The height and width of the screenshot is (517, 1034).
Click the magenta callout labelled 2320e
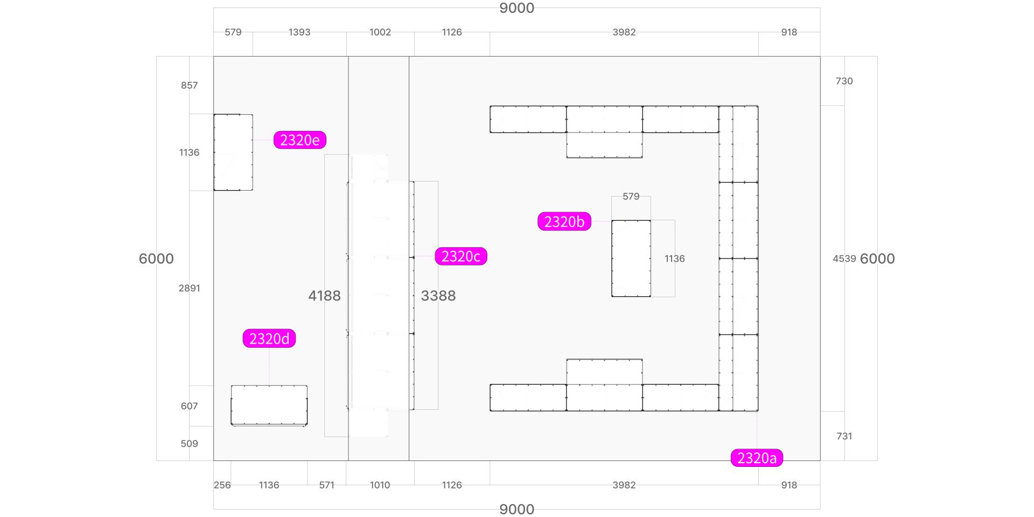click(299, 140)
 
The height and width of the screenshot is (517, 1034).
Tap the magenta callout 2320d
click(269, 338)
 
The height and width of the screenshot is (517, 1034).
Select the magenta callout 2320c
click(460, 256)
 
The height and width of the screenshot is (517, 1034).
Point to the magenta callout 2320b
click(564, 221)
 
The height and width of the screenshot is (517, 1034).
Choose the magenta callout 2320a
click(757, 458)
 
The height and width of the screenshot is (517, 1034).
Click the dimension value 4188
click(324, 296)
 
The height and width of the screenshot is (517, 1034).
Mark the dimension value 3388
click(438, 296)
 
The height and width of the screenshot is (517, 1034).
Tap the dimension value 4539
click(844, 258)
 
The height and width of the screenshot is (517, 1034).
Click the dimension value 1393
click(299, 32)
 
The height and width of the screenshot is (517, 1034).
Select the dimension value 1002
click(380, 32)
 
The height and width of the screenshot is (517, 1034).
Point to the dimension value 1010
click(380, 485)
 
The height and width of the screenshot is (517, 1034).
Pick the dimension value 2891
click(190, 288)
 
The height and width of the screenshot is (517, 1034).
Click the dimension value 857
click(190, 85)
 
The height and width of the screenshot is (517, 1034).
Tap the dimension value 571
click(326, 485)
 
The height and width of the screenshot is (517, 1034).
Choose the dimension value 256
click(222, 485)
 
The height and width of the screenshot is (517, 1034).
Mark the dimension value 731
click(844, 436)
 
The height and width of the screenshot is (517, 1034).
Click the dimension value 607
click(190, 406)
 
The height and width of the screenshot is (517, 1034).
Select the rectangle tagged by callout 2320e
click(233, 152)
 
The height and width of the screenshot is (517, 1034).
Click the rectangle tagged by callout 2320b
click(631, 258)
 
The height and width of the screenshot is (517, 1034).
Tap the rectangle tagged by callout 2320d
click(269, 406)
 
